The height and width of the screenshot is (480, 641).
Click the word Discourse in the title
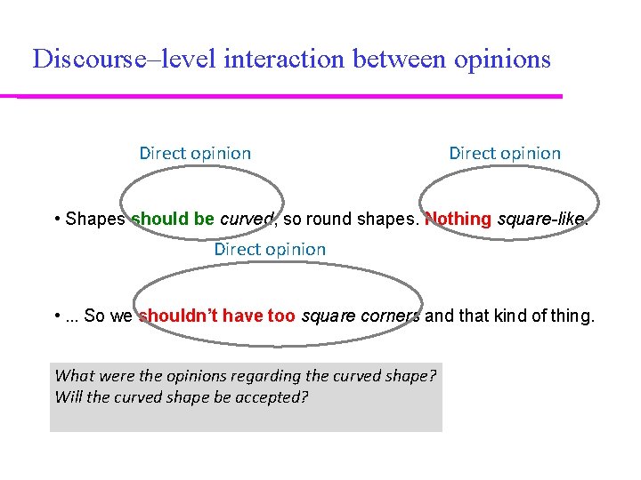click(82, 60)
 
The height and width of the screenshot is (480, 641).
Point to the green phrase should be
click(173, 219)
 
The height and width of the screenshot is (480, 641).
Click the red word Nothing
click(458, 219)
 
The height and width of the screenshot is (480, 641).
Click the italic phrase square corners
click(361, 316)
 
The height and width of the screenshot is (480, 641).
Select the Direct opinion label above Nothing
click(505, 153)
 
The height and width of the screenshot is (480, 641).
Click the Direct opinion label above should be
click(195, 153)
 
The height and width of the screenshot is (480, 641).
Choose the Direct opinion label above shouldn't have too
click(270, 249)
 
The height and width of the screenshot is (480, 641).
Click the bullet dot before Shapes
click(57, 219)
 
